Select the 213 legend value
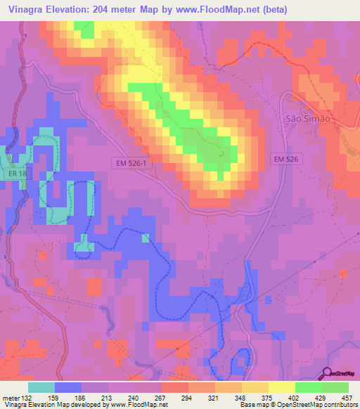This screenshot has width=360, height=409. (x=108, y=397)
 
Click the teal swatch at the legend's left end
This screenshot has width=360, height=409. (x=41, y=387)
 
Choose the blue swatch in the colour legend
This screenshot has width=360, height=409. (x=68, y=387)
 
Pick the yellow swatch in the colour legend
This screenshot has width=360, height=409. (x=282, y=387)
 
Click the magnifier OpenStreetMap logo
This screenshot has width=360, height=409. (x=328, y=373)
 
